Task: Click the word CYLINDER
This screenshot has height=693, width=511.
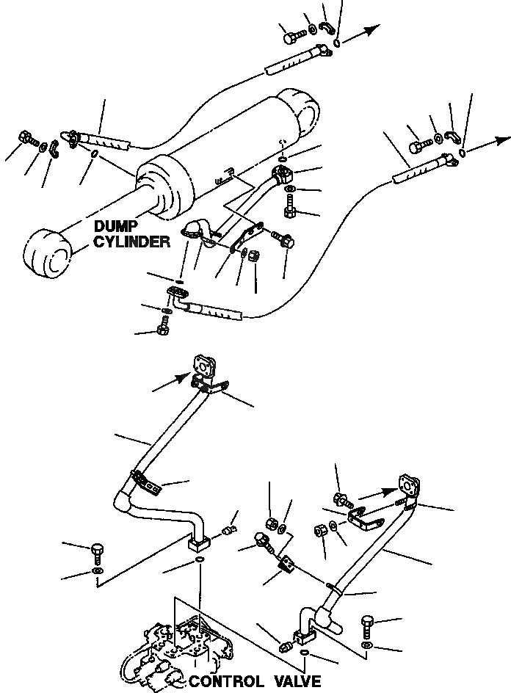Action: coord(131,242)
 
